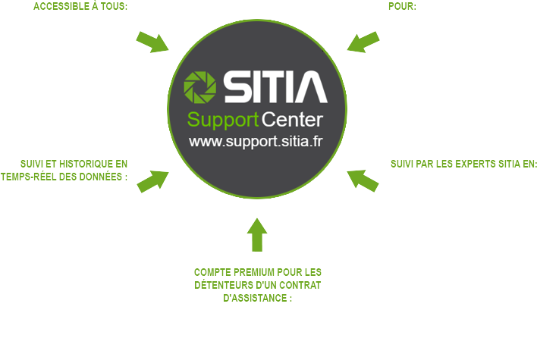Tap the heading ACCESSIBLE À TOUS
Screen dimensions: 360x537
(80, 7)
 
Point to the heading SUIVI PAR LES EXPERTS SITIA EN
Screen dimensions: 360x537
(463, 164)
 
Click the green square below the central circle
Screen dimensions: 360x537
(257, 234)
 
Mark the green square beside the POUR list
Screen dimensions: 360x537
(363, 42)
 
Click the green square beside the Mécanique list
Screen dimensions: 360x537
(363, 181)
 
